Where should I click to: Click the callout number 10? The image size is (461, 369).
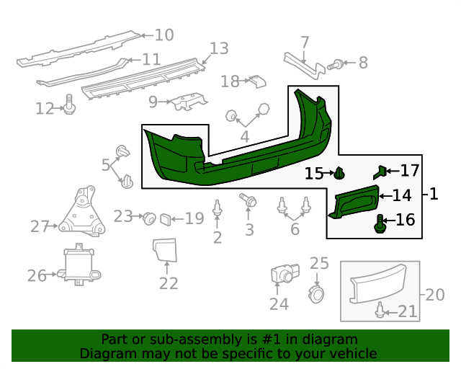tap(164, 35)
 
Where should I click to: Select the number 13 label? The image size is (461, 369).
tap(219, 49)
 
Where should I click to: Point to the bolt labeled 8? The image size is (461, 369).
tap(335, 65)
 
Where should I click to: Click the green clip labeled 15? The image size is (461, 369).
tap(340, 174)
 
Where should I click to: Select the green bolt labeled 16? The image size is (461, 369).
tap(380, 223)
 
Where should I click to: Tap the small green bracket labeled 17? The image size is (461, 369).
tap(380, 172)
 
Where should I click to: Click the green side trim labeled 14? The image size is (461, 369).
tap(354, 201)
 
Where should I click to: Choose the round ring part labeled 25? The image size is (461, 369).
tap(316, 293)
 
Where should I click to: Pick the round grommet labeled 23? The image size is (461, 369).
tap(149, 217)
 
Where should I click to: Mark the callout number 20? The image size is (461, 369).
tap(435, 295)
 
